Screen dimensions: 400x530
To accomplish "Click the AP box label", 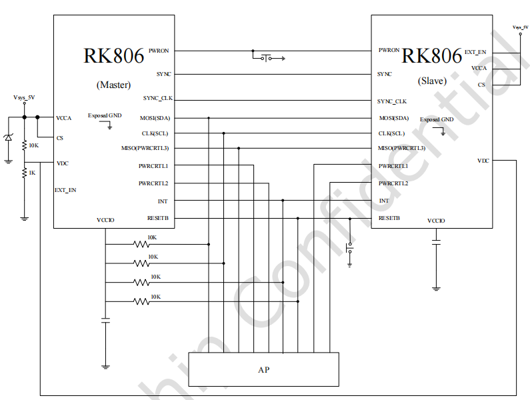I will (263, 369).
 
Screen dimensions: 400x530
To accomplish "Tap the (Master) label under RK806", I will (113, 85).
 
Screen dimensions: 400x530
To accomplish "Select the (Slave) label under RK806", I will (432, 81).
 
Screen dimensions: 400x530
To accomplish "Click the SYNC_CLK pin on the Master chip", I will (158, 99).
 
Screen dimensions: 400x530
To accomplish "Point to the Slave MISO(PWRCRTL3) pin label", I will (401, 148).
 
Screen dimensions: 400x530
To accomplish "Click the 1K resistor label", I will (31, 173).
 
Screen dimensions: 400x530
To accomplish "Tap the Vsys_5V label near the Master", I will (24, 97).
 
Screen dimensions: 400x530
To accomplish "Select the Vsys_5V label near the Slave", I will (520, 27).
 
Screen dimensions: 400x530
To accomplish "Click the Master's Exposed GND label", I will (105, 115).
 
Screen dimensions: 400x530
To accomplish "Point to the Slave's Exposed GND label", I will (437, 119).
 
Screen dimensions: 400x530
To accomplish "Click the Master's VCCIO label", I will (105, 220).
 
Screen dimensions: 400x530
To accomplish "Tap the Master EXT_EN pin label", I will (65, 190).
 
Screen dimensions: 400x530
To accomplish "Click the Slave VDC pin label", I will (483, 161).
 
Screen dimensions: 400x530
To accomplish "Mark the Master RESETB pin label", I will (158, 218).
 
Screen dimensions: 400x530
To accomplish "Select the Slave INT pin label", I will (384, 201).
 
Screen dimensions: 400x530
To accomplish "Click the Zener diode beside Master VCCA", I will (8, 138).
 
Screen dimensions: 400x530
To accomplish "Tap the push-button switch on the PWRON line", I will (268, 59).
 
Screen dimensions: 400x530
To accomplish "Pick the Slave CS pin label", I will (481, 85).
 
